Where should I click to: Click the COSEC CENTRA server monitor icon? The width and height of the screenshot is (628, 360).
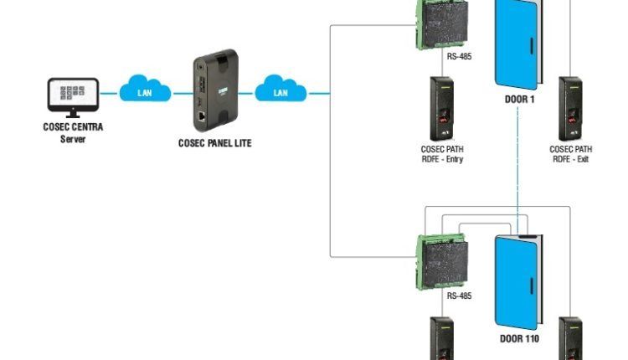point(72,96)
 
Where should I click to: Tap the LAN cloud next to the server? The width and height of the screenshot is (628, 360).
point(146,89)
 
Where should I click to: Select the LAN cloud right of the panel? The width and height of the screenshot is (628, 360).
point(281,89)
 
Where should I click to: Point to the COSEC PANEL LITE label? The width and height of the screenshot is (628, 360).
point(214,143)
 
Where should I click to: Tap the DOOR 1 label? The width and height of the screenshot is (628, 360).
point(520,99)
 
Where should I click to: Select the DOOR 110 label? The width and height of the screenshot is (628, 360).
point(519,339)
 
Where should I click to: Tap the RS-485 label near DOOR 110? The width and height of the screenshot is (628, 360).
point(458,296)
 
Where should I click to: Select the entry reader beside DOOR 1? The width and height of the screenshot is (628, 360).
point(442,109)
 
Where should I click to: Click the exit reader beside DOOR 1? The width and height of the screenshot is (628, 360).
point(571,109)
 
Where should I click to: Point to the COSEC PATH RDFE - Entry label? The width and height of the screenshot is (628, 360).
point(442,154)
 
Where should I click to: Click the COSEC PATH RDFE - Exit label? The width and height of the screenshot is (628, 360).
point(571,154)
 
